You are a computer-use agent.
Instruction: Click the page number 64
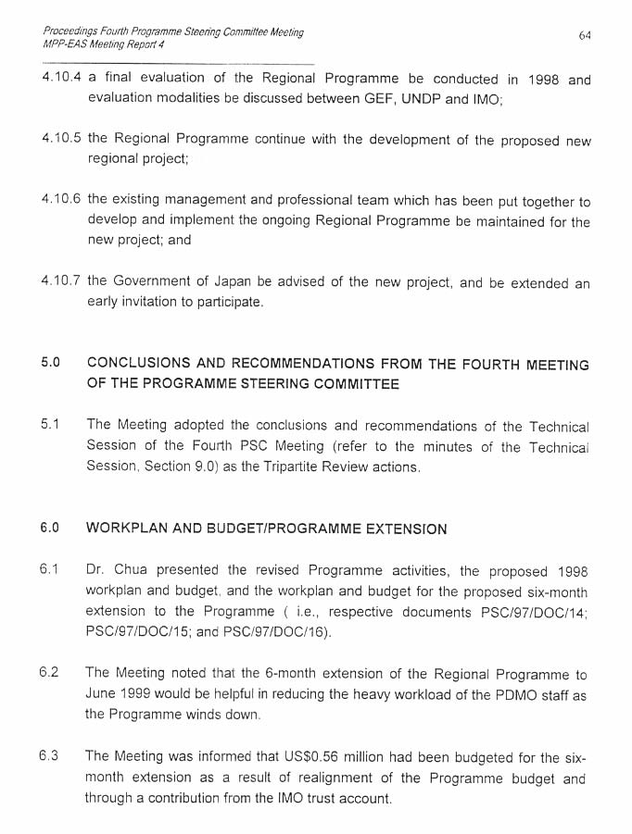(585, 35)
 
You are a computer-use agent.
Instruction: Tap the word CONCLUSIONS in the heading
(141, 364)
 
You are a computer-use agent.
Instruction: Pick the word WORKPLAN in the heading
(125, 529)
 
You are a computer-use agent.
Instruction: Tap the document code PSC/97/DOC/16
(278, 632)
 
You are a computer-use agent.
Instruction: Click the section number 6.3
(49, 756)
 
